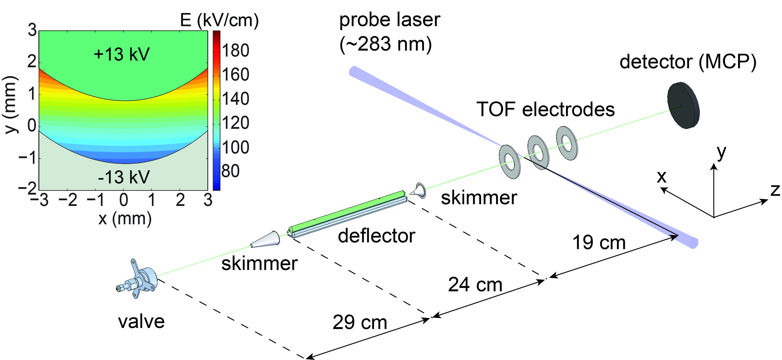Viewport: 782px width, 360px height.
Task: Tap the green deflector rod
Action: pos(346,209)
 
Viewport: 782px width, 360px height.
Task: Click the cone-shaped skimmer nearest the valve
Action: pos(266,240)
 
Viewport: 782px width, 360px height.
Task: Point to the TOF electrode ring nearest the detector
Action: pos(567,143)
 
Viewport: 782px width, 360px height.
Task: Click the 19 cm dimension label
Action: pos(599,243)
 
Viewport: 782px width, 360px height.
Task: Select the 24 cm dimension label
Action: pos(475,285)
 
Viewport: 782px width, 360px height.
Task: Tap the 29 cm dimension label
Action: pos(360,322)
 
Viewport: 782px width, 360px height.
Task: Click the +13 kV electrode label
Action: pos(122,55)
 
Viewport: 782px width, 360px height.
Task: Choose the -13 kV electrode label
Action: pos(124,177)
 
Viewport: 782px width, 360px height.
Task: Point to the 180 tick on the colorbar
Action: pos(235,50)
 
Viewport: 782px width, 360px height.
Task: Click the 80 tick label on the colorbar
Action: pos(230,171)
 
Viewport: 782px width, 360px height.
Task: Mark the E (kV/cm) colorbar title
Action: pos(219,21)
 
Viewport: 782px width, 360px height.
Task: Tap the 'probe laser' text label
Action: pos(389,20)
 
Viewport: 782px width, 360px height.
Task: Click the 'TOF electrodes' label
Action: pos(546,109)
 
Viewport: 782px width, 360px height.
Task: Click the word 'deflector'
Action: pos(376,236)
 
